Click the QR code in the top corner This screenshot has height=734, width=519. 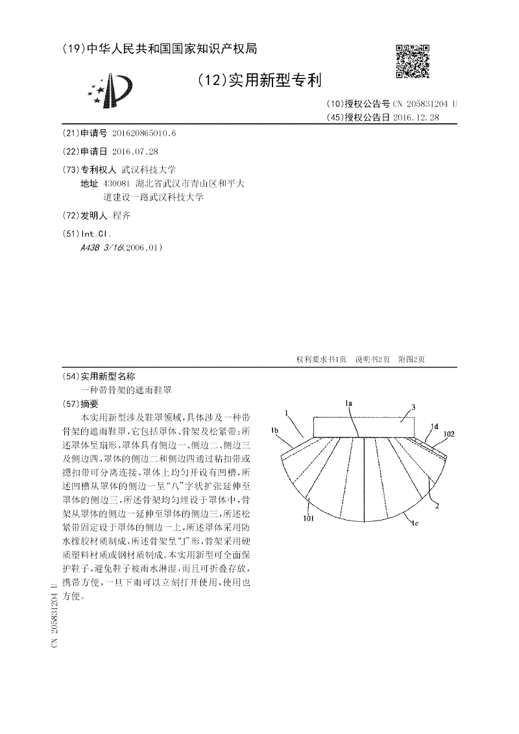pos(413,62)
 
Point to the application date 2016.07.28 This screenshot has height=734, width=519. pos(135,152)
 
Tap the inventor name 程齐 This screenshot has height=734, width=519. pos(121,215)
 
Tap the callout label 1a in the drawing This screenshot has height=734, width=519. pos(348,403)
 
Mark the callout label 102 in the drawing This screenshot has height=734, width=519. pos(449,434)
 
